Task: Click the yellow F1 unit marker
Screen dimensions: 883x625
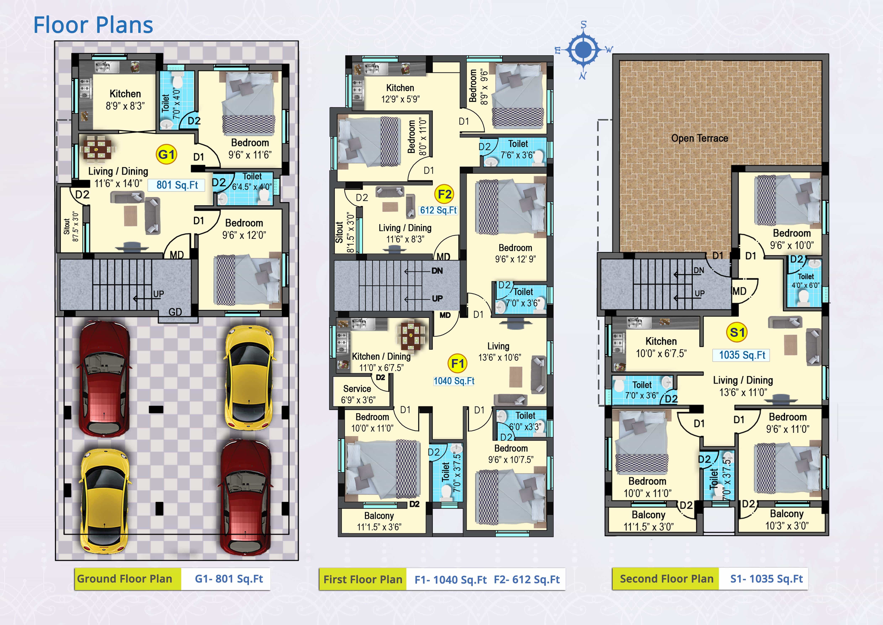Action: pyautogui.click(x=458, y=363)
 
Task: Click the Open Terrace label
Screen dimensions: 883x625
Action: pyautogui.click(x=699, y=138)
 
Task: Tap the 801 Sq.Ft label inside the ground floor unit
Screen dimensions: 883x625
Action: pyautogui.click(x=177, y=185)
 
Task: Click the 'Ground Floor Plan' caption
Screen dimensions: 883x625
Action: pyautogui.click(x=125, y=579)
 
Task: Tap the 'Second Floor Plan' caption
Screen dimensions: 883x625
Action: pyautogui.click(x=667, y=579)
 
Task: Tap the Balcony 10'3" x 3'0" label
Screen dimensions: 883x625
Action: pyautogui.click(x=787, y=520)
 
